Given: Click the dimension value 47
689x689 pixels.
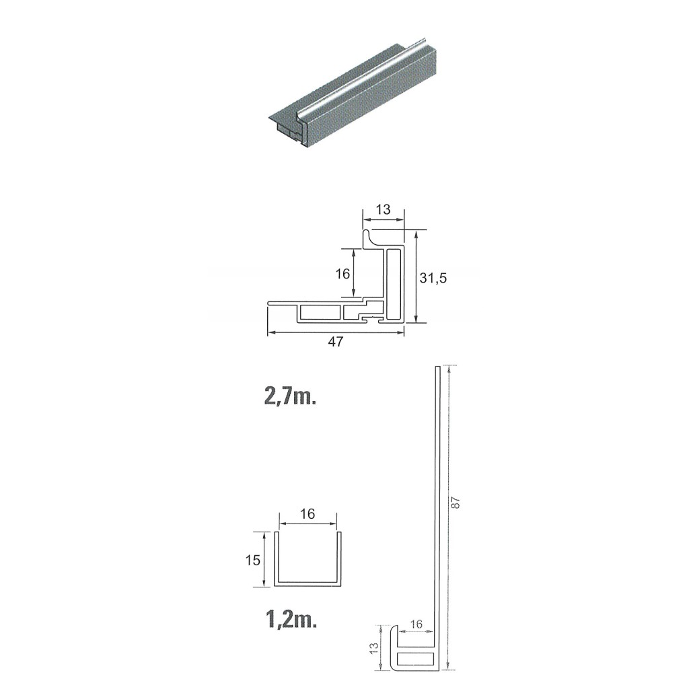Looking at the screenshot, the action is tap(335, 341).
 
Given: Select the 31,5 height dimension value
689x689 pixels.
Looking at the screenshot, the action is tap(433, 278).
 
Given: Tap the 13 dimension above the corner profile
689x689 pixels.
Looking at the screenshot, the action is tap(383, 210).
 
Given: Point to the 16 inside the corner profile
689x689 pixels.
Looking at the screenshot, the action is tap(342, 274).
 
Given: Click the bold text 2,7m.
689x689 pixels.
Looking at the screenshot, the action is tap(290, 397).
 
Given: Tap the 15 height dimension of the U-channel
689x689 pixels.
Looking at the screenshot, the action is tap(254, 560).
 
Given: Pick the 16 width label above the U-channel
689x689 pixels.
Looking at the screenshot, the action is tap(307, 513).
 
